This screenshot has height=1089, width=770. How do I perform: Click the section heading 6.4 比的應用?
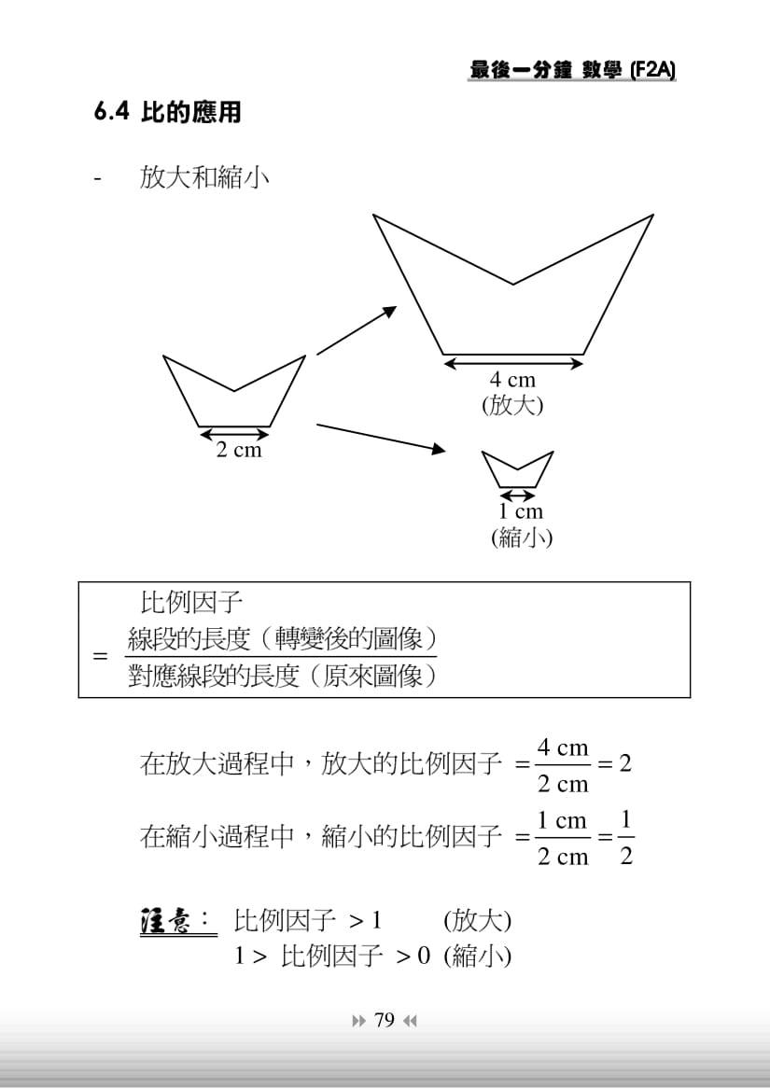167,113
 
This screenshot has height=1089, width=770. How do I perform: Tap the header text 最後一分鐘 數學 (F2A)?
572,71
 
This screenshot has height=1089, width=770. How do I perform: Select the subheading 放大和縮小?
204,177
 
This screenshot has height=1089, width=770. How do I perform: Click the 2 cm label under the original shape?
239,450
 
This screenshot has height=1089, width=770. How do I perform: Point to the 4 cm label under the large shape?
513,380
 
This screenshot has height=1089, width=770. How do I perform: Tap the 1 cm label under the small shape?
520,511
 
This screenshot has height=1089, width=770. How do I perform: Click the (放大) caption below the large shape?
512,405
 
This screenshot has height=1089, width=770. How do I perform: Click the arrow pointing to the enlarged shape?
357,330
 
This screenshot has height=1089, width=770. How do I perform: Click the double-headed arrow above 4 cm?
513,362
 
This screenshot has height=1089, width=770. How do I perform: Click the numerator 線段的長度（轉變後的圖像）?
282,639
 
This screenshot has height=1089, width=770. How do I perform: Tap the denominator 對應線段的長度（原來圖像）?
282,676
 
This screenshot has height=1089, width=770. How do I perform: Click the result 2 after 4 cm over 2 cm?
625,763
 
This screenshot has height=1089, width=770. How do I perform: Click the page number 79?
384,1020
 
